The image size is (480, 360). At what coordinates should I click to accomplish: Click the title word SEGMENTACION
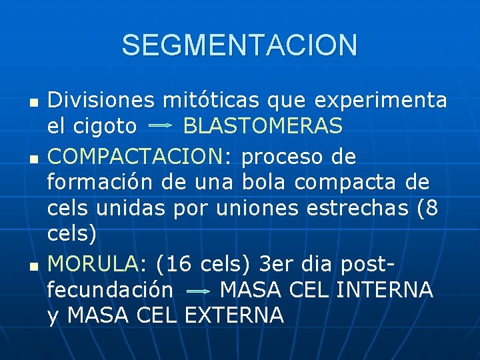click(x=239, y=45)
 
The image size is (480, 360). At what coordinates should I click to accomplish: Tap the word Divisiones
click(x=101, y=100)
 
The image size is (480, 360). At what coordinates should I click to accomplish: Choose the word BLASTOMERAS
click(x=263, y=125)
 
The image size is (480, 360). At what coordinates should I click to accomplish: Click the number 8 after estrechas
click(x=431, y=207)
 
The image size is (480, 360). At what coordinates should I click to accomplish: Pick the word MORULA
click(x=92, y=265)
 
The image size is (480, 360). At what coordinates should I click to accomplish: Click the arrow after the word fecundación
click(x=197, y=291)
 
